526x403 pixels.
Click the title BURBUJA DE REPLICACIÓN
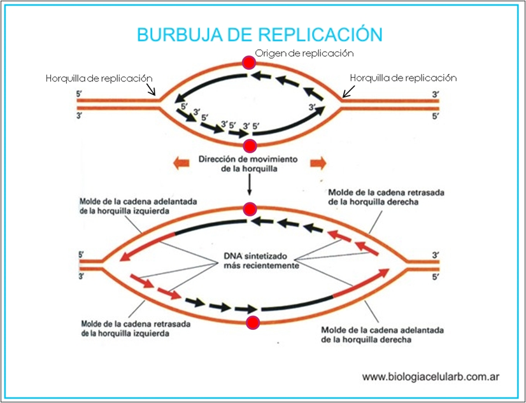260,34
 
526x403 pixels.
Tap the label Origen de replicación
304,53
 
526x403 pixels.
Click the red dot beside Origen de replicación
249,62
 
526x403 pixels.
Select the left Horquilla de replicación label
99,78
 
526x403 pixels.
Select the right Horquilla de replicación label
403,78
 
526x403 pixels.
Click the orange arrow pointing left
181,164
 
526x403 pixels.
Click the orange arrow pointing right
318,164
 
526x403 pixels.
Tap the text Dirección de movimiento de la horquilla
248,164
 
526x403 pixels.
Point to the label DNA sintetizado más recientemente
261,261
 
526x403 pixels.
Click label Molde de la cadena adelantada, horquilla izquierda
138,206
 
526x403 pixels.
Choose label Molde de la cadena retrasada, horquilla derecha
386,197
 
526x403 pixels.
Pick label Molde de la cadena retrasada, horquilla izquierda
136,329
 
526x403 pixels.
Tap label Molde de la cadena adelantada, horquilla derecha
383,335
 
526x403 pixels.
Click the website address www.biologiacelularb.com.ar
430,376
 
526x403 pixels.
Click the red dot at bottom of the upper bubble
250,146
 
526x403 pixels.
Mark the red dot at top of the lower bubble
250,209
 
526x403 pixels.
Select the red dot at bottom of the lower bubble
253,323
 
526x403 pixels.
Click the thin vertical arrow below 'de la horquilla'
249,185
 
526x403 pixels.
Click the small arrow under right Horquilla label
349,91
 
